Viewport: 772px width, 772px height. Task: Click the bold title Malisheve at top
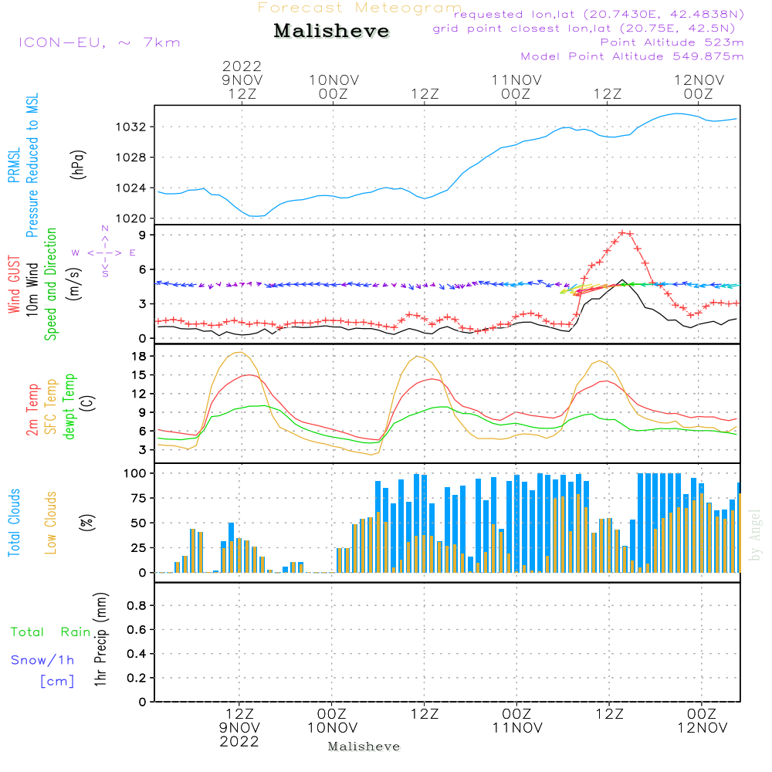(x=332, y=32)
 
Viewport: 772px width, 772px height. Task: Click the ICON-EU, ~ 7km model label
(x=99, y=42)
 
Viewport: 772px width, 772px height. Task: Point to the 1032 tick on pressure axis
(x=135, y=127)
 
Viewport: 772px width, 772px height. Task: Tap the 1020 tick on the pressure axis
(x=135, y=218)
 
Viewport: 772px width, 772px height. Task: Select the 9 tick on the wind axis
(x=143, y=235)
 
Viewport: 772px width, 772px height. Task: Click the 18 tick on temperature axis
(x=140, y=356)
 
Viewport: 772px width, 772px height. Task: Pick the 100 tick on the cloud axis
(x=136, y=472)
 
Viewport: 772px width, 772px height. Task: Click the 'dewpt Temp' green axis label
(x=69, y=407)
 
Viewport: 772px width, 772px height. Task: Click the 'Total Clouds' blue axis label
(x=14, y=522)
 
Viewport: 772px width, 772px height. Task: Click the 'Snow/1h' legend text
(x=42, y=660)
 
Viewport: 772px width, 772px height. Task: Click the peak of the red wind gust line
(x=624, y=232)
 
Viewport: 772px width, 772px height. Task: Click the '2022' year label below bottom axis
(x=239, y=741)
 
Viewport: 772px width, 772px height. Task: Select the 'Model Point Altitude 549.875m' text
(x=631, y=56)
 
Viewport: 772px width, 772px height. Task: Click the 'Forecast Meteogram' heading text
(x=360, y=8)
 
